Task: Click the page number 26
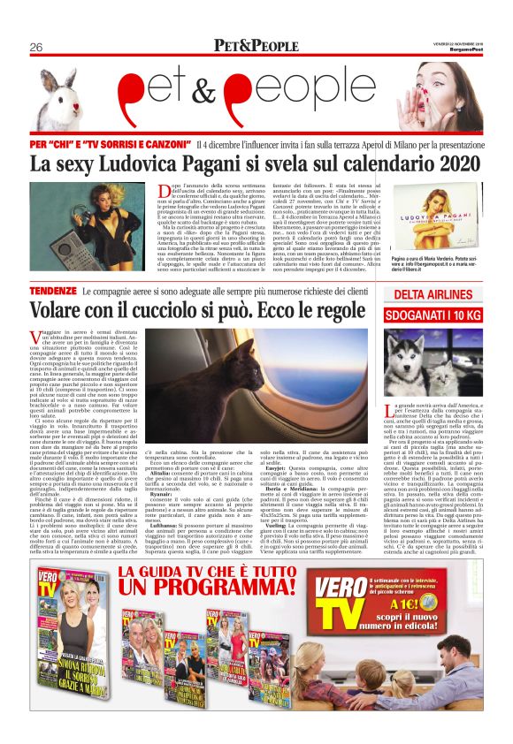coord(36,46)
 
